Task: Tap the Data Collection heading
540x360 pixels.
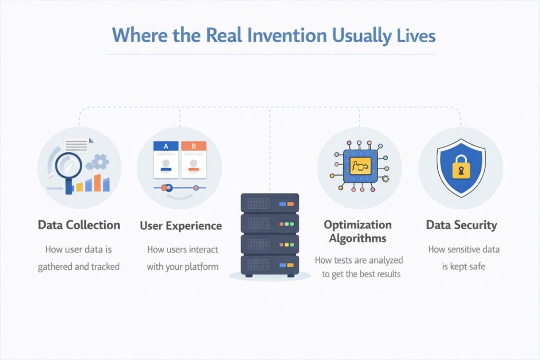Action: tap(79, 225)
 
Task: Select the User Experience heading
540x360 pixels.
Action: tap(181, 226)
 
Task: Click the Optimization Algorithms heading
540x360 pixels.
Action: tap(358, 231)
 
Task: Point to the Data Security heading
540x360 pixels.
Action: tap(461, 225)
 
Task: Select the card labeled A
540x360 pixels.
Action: tap(166, 159)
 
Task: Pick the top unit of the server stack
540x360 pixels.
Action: tap(269, 203)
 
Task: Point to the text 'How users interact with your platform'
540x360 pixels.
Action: tap(182, 258)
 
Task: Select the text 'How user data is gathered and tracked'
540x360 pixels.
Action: tap(79, 258)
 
